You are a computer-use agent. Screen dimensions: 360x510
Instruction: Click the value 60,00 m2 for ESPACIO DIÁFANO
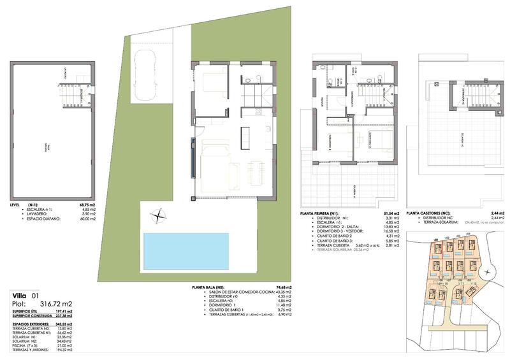[x=87, y=219]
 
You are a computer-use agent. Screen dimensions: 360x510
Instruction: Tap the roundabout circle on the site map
[x=492, y=273]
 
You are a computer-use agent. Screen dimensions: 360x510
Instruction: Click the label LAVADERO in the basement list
[x=31, y=214]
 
